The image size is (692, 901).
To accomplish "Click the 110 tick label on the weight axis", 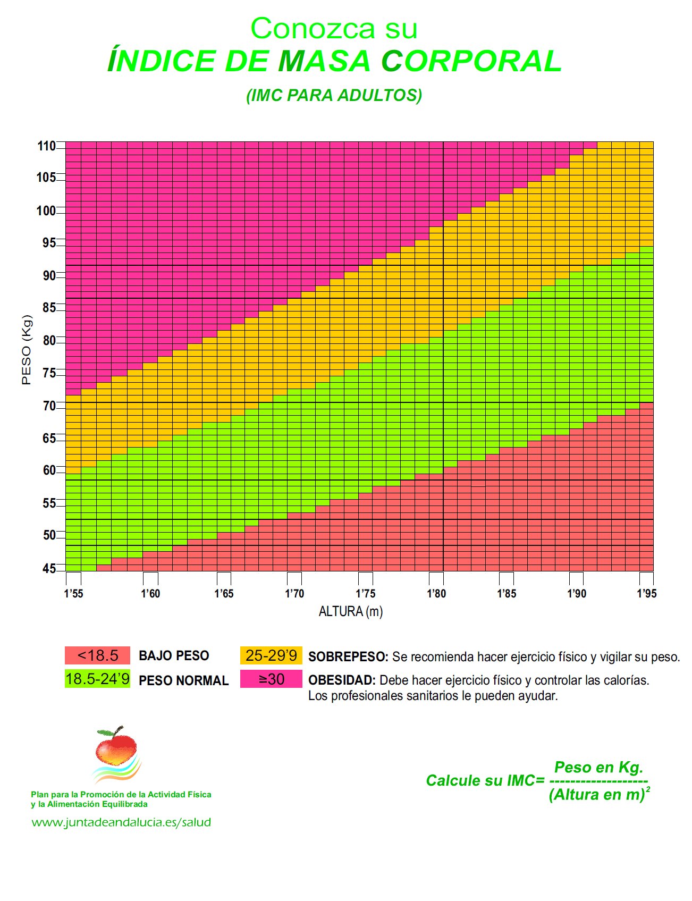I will pyautogui.click(x=46, y=146).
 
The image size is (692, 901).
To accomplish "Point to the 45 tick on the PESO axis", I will pyautogui.click(x=49, y=569).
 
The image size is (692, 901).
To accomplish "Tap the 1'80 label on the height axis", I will pyautogui.click(x=436, y=594).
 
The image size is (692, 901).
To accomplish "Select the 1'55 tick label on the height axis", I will pyautogui.click(x=73, y=594).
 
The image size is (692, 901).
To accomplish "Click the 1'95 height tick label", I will pyautogui.click(x=646, y=594).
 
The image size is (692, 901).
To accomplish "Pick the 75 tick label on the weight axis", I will pyautogui.click(x=49, y=373).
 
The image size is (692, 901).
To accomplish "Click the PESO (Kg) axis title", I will pyautogui.click(x=27, y=350).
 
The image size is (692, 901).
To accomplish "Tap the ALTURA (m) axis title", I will pyautogui.click(x=350, y=612).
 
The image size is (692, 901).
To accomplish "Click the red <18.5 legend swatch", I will pyautogui.click(x=97, y=655).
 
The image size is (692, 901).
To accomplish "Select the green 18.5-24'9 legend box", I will pyautogui.click(x=97, y=679).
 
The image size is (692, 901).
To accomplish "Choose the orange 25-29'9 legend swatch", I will pyautogui.click(x=271, y=655).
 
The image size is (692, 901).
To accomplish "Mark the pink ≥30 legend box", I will pyautogui.click(x=271, y=679).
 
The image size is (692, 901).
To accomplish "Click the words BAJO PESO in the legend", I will pyautogui.click(x=174, y=656).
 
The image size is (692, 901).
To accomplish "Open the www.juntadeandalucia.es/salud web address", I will pyautogui.click(x=121, y=822).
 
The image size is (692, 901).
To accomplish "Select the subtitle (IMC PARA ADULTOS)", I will pyautogui.click(x=334, y=95).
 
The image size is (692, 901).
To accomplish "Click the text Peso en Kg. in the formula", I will pyautogui.click(x=598, y=767).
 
